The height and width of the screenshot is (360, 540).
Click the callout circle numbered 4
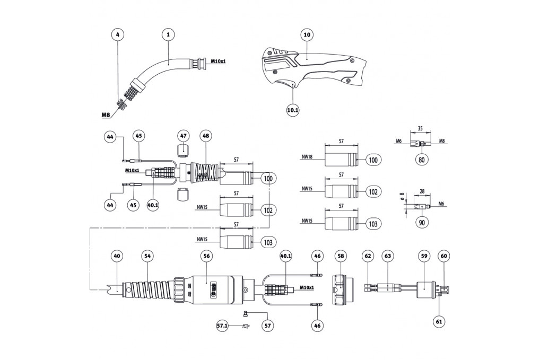coord(118,35)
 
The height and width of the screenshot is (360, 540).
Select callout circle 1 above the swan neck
coord(168,35)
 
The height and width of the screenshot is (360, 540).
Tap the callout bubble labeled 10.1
coord(293,110)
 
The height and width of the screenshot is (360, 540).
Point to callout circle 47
coord(183,136)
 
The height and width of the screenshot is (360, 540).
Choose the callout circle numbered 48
coord(206,136)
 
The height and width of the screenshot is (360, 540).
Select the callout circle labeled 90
coord(422,223)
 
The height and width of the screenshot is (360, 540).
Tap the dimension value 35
coord(421,128)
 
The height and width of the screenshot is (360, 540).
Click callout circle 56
coord(206,256)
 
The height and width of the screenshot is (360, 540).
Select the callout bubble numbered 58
coord(341,256)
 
